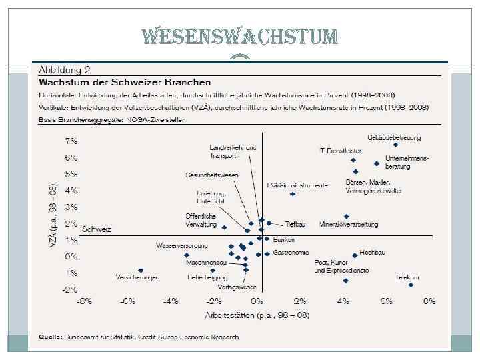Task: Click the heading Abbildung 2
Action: pos(65,70)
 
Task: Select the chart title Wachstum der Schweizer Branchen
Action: pos(125,83)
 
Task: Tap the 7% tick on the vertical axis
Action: pos(71,141)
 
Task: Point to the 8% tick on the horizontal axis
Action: pos(429,301)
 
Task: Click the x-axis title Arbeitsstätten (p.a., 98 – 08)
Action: pos(257,314)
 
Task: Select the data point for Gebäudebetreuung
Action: pos(395,145)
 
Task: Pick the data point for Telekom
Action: pos(411,285)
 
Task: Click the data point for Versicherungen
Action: pos(141,271)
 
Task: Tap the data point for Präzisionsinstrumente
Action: pos(293,194)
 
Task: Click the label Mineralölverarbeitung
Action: pos(349,224)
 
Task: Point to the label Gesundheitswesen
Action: pos(211,175)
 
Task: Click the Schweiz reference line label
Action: pos(97,229)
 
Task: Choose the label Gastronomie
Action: pos(291,253)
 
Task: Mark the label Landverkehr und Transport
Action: pos(233,151)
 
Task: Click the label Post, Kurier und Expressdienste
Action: pos(341,267)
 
